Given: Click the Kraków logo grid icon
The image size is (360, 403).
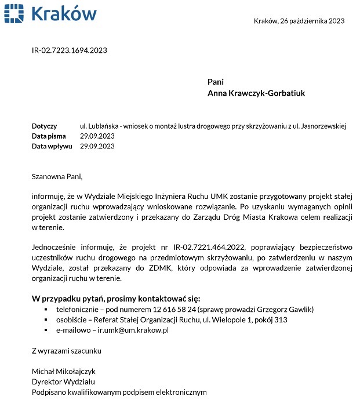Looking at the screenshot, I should [13, 13].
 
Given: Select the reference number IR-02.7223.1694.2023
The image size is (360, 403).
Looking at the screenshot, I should [69, 50].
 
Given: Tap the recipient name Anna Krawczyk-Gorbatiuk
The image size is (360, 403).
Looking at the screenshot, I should [256, 93].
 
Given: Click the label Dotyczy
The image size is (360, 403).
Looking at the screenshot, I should [44, 126].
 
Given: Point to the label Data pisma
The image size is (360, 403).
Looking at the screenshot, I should [49, 136].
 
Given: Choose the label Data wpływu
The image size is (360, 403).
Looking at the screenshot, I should [52, 146].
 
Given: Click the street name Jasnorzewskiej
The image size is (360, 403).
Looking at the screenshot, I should [321, 126].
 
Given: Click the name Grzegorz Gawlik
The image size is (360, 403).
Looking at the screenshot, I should [271, 310].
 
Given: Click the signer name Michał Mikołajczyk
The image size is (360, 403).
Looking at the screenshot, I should [63, 371].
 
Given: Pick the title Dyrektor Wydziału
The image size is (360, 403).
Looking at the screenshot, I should [63, 382].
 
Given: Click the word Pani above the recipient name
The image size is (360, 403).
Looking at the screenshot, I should [216, 82].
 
